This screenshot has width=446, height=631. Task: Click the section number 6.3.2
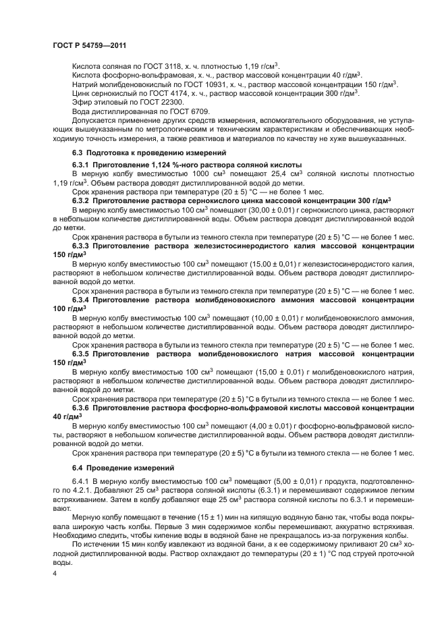[84, 201]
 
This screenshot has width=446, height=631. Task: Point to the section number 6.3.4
[84, 299]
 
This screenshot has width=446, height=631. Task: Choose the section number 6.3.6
[84, 408]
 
